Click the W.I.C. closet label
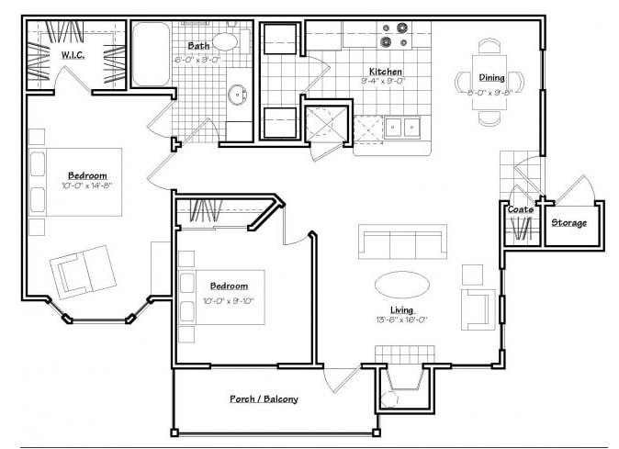coord(73,55)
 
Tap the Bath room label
coord(197,45)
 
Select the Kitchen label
coord(386,71)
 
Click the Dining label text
coord(491,78)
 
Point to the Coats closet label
coord(521,210)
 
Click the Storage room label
coord(569,223)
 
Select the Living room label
coord(401,309)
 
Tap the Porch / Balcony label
coord(264,399)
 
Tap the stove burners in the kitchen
coord(394,35)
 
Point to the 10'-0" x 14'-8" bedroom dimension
coord(88,185)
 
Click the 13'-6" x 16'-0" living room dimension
coord(401,320)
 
